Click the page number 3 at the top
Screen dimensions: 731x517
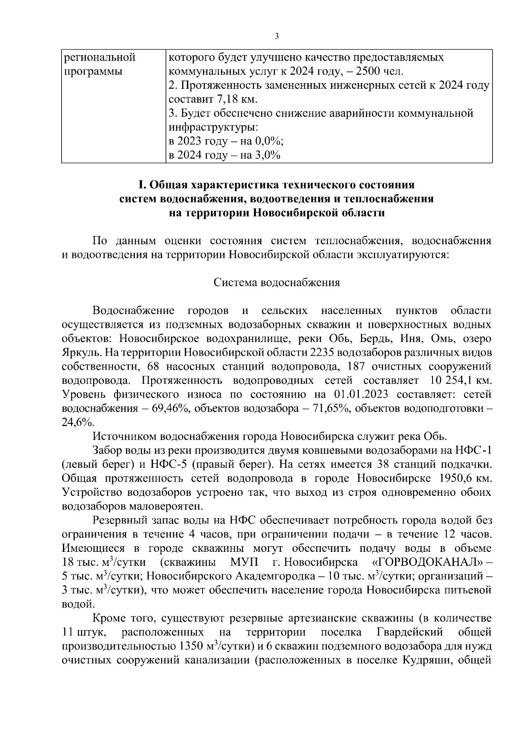click(277, 36)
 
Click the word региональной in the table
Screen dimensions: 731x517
click(100, 57)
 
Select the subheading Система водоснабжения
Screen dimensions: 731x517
click(277, 283)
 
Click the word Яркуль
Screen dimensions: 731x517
click(79, 352)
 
